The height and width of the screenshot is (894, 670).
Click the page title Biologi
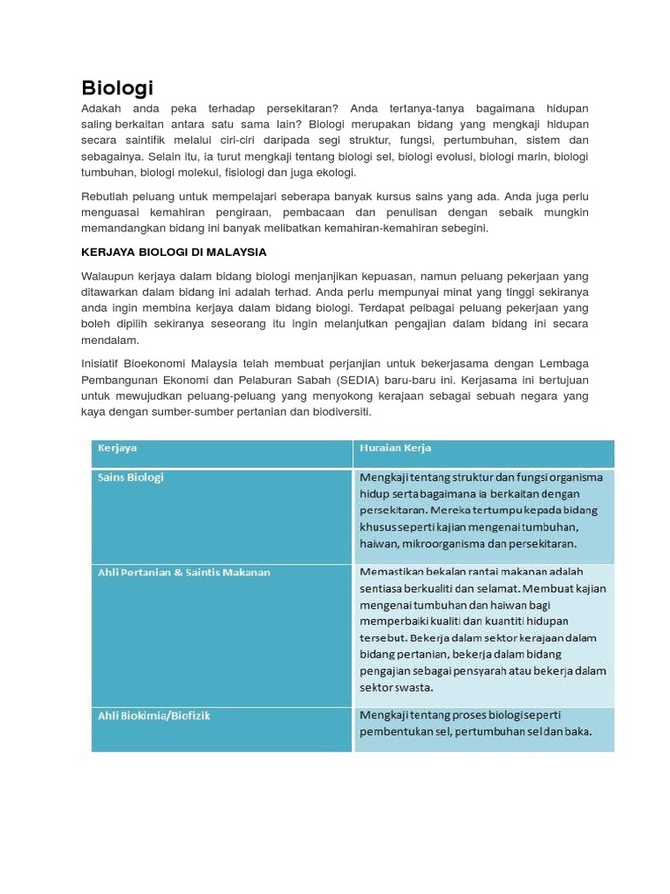coord(117,88)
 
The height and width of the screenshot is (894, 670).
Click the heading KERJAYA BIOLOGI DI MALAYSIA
coord(174,252)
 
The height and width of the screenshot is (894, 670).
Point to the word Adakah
coord(101,108)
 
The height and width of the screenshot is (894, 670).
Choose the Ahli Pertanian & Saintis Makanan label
coord(184,573)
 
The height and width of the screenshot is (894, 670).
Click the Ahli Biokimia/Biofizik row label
coord(154,716)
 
